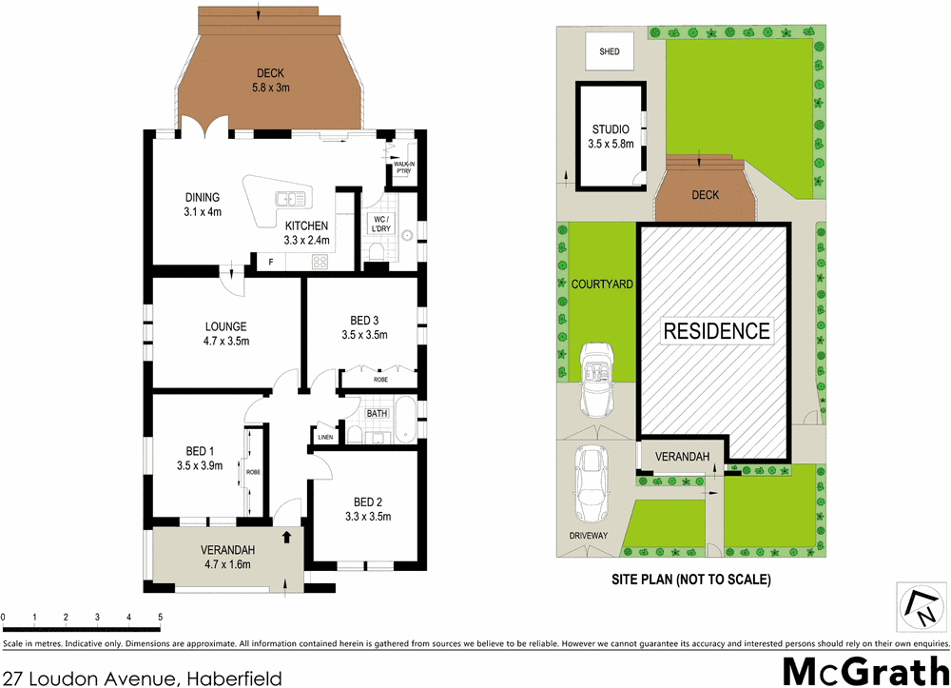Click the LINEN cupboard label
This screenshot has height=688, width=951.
(x=325, y=438)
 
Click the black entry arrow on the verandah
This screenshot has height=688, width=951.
(x=286, y=539)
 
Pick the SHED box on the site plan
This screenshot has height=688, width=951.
(x=610, y=51)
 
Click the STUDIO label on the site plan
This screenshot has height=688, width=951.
(x=611, y=129)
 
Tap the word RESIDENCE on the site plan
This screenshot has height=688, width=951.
(x=716, y=331)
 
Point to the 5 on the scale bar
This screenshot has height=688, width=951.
(x=160, y=619)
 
